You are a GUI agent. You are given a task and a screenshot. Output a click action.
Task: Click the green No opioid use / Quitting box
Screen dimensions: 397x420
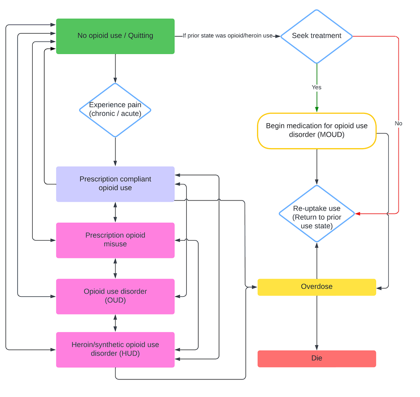[x=115, y=36]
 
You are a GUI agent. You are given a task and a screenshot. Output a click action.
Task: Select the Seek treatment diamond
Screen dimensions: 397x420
[x=316, y=36]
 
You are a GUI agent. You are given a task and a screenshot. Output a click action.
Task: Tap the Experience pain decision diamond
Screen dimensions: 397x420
[x=115, y=110]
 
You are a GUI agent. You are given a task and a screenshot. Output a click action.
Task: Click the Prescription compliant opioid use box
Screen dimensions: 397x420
[x=115, y=183]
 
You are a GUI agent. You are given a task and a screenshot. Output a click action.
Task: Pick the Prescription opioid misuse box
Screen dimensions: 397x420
[x=115, y=240]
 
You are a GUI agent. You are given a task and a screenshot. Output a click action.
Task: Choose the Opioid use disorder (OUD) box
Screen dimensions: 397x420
[x=115, y=296]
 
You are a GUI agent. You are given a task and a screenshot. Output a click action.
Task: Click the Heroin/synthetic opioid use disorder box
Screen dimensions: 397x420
[x=115, y=349]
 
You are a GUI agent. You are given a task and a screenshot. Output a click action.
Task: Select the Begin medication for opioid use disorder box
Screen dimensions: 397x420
[x=316, y=131]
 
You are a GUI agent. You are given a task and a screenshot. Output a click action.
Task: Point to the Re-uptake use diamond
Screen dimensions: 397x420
[x=316, y=214]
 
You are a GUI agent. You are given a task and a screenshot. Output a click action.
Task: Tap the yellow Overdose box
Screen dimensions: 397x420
[x=316, y=287]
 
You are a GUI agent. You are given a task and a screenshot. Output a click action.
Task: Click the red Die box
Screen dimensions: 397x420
[x=316, y=359]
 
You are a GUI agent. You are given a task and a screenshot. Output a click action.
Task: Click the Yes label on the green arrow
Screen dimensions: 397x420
[x=316, y=87]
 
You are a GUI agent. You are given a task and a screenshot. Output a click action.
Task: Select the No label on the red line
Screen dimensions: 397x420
[x=398, y=124]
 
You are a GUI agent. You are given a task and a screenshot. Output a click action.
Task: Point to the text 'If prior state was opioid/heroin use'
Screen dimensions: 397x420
[x=227, y=36]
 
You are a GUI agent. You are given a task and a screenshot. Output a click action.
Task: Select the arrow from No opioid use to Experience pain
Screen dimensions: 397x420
[x=115, y=68]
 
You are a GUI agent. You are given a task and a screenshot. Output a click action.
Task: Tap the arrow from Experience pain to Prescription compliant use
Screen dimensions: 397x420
[x=115, y=152]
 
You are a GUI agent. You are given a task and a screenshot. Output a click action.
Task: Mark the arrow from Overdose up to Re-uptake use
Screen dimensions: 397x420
[x=316, y=261]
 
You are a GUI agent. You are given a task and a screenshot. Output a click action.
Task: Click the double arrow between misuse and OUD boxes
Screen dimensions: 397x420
[x=115, y=268]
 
